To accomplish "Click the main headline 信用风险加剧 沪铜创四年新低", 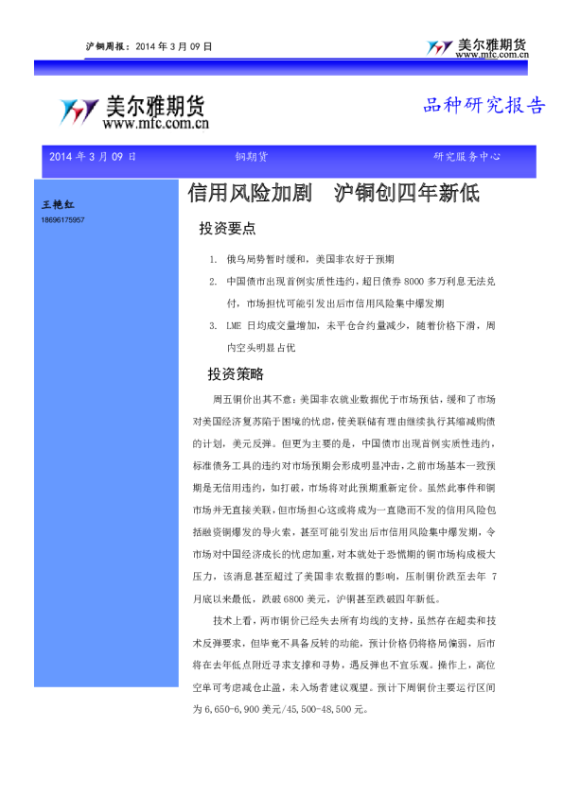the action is point(334,194).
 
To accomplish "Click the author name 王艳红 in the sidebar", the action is point(55,205).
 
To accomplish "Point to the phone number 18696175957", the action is point(62,219).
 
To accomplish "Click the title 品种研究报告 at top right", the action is point(484,106).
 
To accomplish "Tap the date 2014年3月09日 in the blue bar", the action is point(93,157).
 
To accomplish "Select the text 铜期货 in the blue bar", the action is point(251,157).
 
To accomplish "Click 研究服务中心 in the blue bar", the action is point(467,157).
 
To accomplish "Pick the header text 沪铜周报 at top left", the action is point(104,45).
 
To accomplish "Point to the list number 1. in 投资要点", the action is point(214,258).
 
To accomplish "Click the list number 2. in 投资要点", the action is point(214,282).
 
